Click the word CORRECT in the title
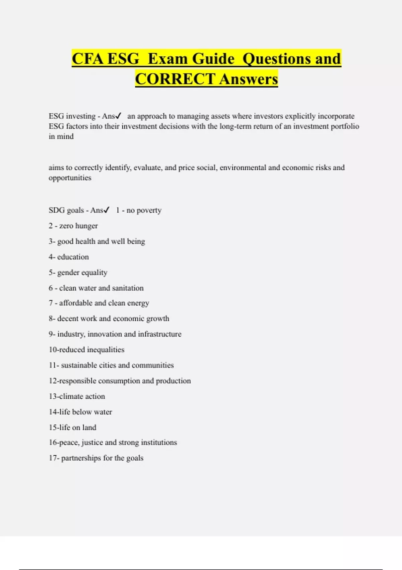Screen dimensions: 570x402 coord(175,79)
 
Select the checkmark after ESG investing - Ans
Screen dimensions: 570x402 coord(118,116)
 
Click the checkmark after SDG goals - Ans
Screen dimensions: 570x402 coord(107,210)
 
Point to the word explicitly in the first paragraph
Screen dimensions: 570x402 coord(300,116)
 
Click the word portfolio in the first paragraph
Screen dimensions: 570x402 coord(345,126)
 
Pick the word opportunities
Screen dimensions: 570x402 coord(70,178)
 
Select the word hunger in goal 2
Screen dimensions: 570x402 coord(87,226)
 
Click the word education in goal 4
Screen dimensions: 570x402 coord(73,257)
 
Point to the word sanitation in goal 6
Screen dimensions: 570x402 coord(128,288)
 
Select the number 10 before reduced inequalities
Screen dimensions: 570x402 coord(53,350)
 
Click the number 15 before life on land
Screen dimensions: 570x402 coord(53,427)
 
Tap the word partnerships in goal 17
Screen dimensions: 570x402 coord(80,458)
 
